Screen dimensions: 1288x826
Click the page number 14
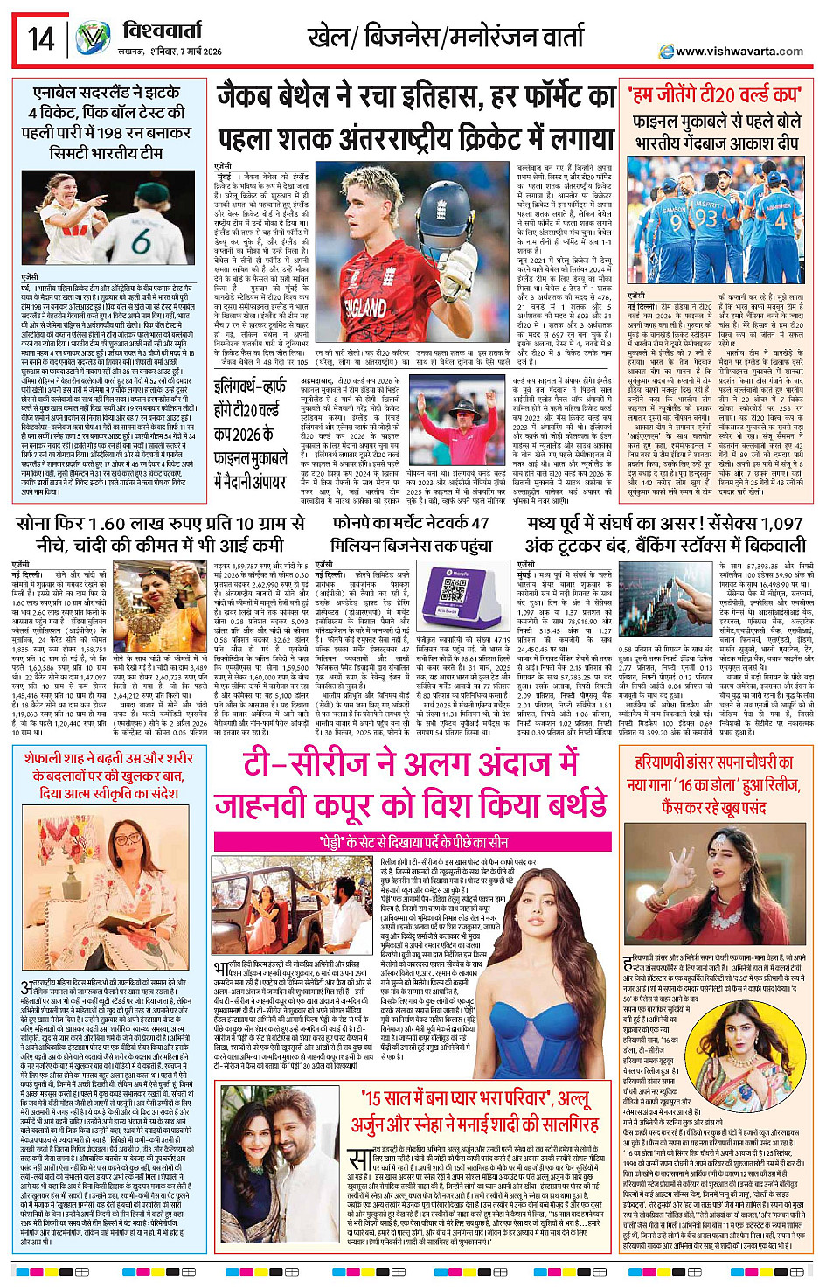click(x=40, y=39)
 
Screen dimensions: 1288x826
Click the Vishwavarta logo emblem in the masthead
click(x=92, y=40)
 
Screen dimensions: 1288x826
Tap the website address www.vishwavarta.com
click(x=739, y=52)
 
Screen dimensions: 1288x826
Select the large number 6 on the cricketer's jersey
click(x=139, y=241)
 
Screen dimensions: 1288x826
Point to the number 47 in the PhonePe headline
click(x=479, y=523)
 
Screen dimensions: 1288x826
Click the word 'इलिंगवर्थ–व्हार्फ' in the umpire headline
click(x=250, y=386)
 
